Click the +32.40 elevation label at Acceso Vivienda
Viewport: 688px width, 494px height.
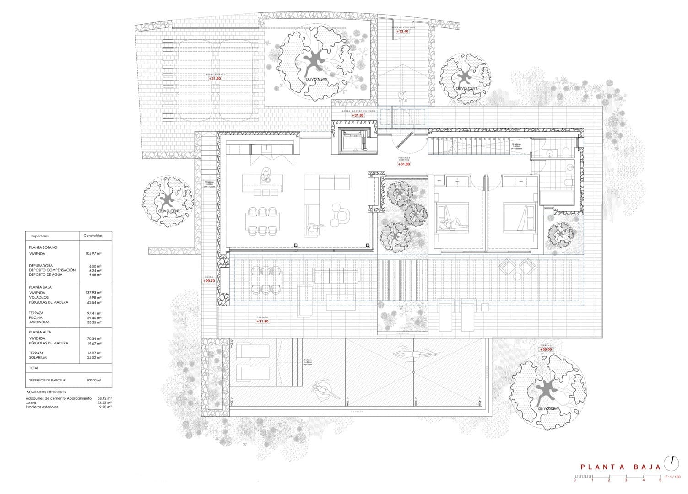[x=402, y=32]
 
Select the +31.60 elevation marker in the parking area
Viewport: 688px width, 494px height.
[x=215, y=79]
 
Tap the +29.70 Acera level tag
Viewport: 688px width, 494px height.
[x=209, y=281]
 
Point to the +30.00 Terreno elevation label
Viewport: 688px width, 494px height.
[x=546, y=349]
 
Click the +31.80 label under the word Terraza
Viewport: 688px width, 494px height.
[x=263, y=321]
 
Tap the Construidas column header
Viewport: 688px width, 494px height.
[x=93, y=236]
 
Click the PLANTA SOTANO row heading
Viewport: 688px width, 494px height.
[x=43, y=247]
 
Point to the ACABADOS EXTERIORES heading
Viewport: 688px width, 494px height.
[x=46, y=392]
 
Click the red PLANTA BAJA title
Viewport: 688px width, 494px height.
[x=620, y=467]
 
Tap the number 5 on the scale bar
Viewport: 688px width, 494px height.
[x=660, y=481]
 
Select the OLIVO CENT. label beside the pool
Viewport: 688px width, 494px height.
[x=548, y=408]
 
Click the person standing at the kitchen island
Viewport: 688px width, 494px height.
[x=265, y=174]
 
